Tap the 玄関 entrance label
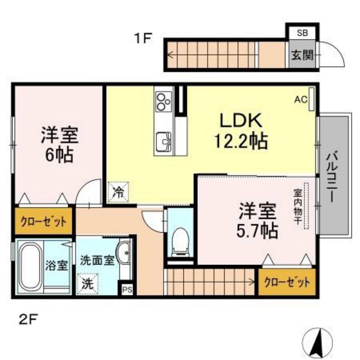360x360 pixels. click(301, 55)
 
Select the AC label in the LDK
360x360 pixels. click(301, 100)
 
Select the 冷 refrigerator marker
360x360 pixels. click(118, 190)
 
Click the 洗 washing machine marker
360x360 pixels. click(85, 283)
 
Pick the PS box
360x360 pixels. click(127, 290)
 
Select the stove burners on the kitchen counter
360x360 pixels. click(161, 100)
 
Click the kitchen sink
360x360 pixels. click(163, 140)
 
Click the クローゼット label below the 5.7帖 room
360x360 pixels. click(287, 282)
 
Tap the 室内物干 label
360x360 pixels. click(299, 206)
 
